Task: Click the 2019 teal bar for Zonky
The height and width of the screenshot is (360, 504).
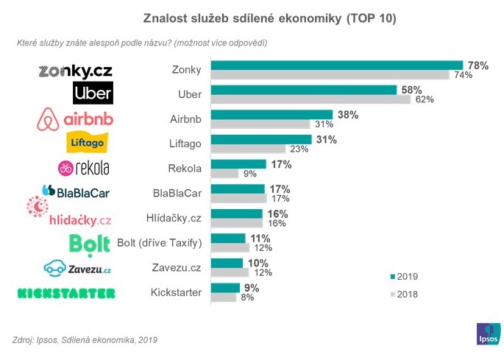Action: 336,66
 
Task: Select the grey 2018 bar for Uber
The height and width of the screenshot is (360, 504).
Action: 310,99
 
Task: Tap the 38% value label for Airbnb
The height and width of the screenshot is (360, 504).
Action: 348,115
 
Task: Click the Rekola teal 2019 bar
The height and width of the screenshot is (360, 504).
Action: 238,164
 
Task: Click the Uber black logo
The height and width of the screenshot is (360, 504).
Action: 93,93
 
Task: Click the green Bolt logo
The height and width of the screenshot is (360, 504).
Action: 90,243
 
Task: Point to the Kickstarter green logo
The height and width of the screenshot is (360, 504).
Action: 66,293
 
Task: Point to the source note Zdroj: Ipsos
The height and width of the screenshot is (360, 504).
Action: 85,340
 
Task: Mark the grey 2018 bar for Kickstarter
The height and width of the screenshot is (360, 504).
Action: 224,297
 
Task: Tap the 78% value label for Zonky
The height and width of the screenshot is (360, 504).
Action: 478,66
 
